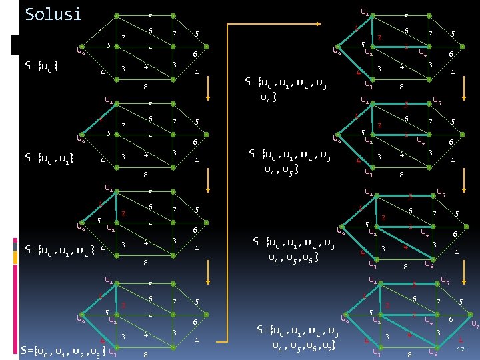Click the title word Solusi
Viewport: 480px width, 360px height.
click(53, 14)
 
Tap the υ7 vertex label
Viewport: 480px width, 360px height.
click(475, 325)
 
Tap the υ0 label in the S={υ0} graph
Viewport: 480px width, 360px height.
click(80, 49)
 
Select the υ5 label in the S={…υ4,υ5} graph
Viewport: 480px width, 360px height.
click(437, 101)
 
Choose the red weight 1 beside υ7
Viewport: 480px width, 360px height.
click(460, 339)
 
